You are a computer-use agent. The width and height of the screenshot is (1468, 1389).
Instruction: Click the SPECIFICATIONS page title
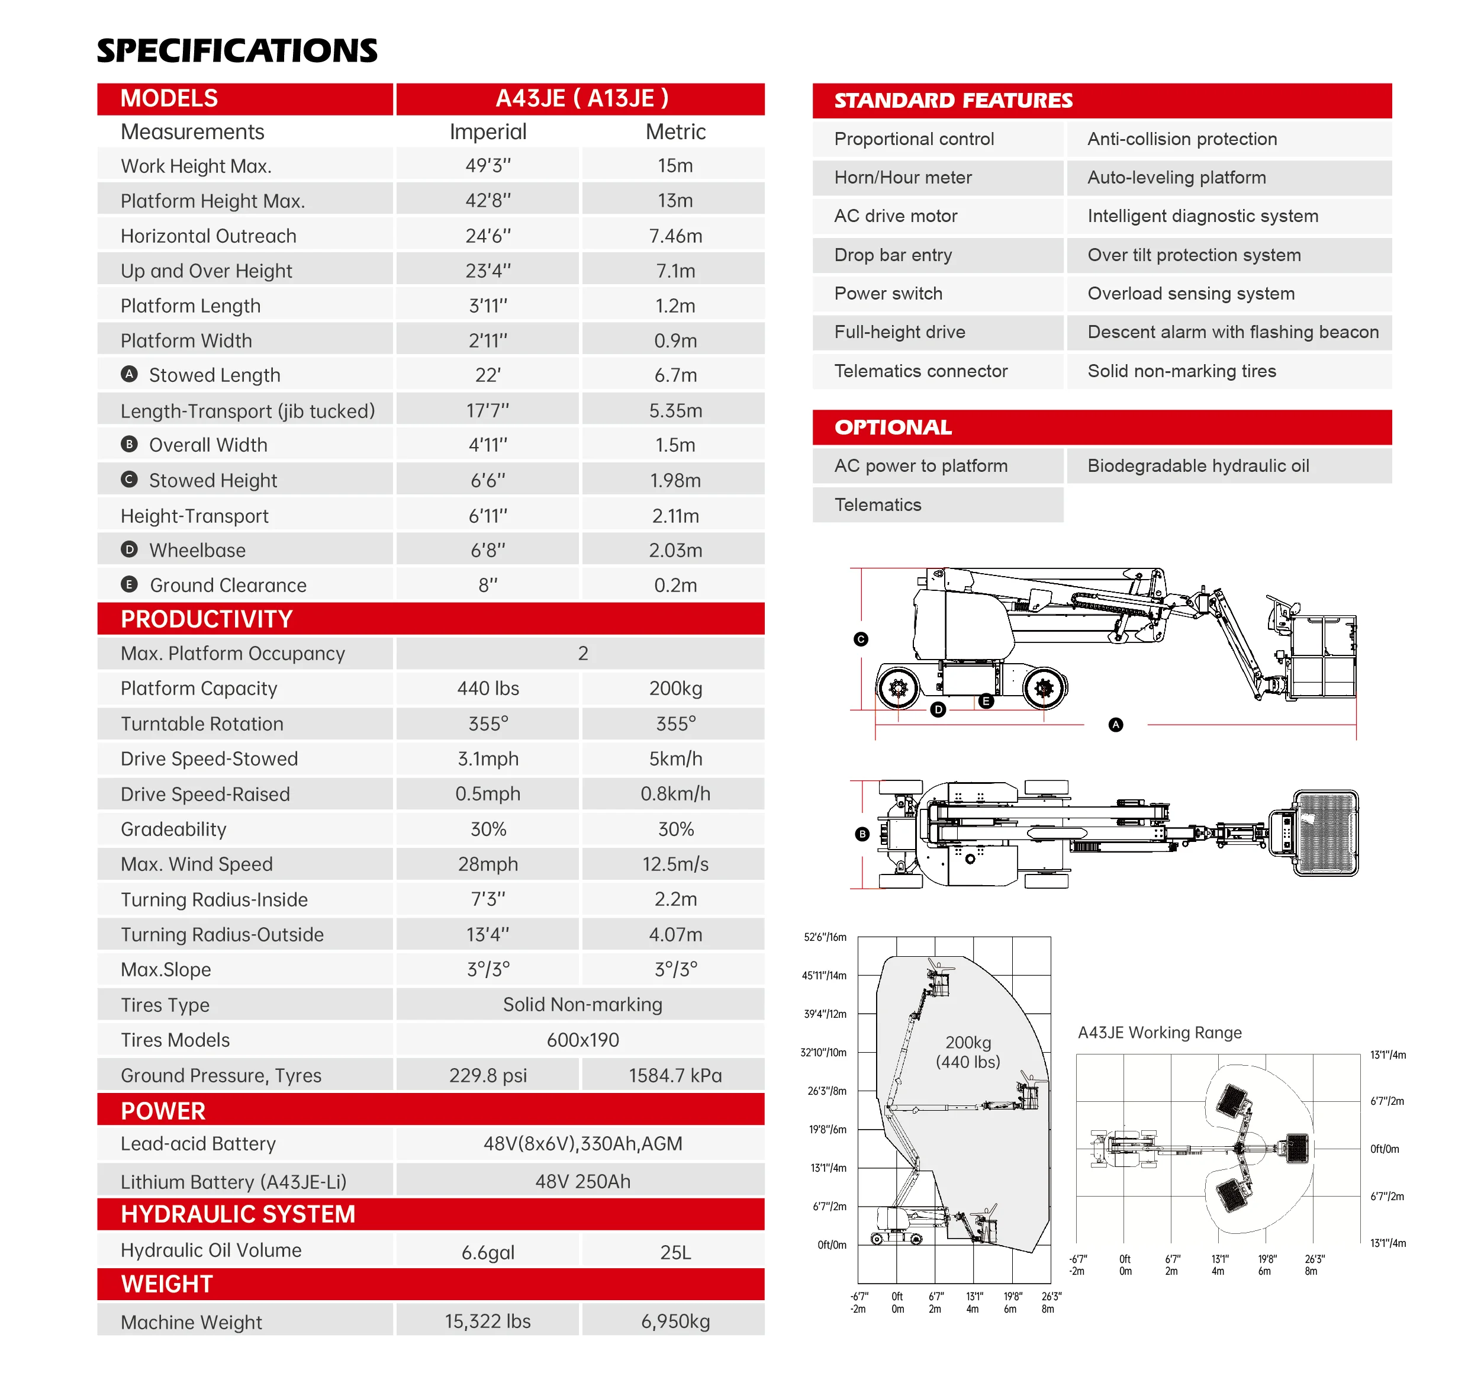(x=237, y=50)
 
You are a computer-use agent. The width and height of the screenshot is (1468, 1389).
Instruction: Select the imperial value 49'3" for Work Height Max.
(x=488, y=166)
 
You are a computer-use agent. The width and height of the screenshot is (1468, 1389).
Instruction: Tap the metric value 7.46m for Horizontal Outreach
(x=675, y=236)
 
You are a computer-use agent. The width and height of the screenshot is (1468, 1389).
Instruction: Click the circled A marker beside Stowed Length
(x=130, y=375)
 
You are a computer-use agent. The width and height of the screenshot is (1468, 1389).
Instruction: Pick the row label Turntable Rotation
(x=202, y=724)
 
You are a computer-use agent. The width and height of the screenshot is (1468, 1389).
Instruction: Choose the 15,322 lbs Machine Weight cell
(x=488, y=1322)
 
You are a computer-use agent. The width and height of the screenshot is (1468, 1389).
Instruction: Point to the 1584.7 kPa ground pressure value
(x=675, y=1076)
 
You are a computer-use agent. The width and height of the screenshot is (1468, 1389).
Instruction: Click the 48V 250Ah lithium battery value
(x=582, y=1182)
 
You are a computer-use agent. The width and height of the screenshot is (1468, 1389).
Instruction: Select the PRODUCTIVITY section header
(x=207, y=619)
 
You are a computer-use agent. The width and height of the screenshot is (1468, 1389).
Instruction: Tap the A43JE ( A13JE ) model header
(x=582, y=98)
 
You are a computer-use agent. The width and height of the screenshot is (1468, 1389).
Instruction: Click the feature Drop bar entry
(x=893, y=255)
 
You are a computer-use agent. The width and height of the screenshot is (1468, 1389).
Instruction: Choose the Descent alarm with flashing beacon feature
(x=1232, y=332)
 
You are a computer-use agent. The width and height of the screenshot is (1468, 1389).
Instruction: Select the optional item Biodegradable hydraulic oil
(x=1198, y=467)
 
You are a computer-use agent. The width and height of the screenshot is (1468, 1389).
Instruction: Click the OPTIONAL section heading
(x=893, y=428)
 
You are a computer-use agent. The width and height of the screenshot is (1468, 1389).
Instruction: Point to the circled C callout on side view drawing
(x=861, y=639)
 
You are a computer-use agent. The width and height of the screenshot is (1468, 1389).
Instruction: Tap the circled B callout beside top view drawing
(x=862, y=834)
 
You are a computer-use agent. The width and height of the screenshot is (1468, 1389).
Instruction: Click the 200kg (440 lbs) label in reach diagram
(x=968, y=1052)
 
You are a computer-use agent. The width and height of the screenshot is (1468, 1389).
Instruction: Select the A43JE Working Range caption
(x=1159, y=1033)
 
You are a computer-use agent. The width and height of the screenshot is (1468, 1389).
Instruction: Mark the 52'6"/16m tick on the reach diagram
(x=825, y=937)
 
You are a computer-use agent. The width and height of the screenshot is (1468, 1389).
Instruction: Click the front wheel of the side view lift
(x=1044, y=689)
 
